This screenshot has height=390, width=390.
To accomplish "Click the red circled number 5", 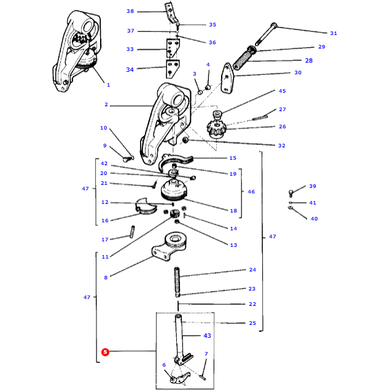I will coord(105,352).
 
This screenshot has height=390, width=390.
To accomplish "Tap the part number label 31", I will coord(333,33).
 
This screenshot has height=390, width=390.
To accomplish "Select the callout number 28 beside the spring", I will coord(309,60).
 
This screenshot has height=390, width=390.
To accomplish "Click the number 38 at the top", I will coord(130,11).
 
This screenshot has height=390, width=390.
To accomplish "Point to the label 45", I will coord(283,91).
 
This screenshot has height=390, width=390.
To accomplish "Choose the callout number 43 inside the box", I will coord(207,335).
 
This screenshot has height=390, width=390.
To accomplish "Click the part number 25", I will coord(252,322).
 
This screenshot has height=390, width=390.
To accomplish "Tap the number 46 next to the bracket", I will coord(251,192).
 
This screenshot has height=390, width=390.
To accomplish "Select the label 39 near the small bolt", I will coord(313,186).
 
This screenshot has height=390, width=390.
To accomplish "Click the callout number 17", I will coord(105,239).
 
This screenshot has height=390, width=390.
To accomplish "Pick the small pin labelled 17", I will coord(132,232).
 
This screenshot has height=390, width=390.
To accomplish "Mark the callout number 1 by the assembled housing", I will coord(109,85).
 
